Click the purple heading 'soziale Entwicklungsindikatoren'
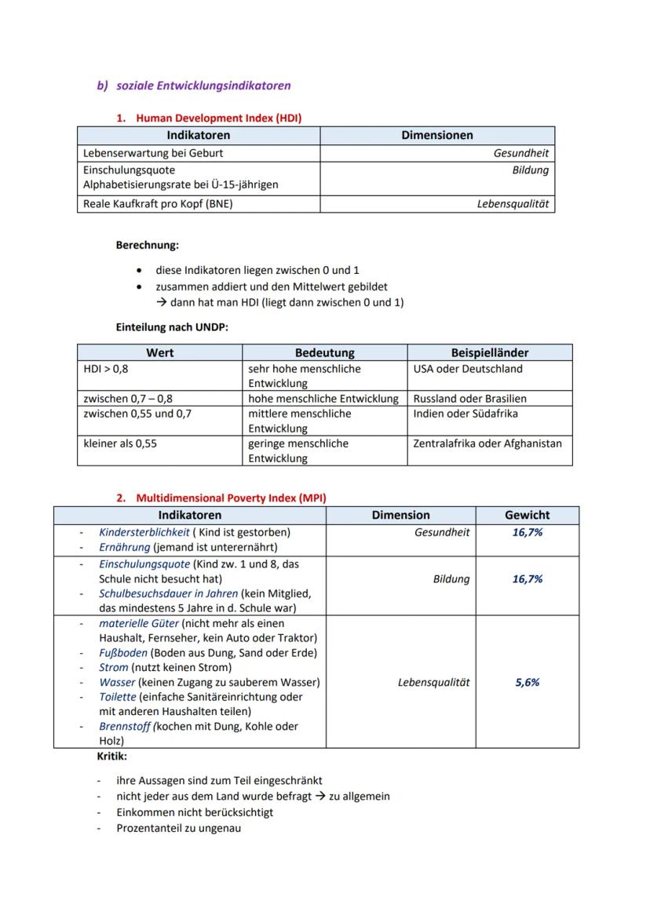pos(203,86)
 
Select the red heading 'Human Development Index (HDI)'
pos(218,118)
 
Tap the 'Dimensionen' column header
pos(437,136)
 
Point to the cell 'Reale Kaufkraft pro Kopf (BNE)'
pos(158,204)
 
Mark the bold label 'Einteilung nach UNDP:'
pos(172,327)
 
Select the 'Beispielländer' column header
pos(490,353)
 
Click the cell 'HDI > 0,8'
pos(106,369)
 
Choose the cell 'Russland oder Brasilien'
pos(469,399)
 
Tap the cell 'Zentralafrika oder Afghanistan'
pos(487,443)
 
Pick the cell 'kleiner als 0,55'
pos(120,443)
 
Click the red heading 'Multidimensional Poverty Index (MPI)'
pos(231,498)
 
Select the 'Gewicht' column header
pos(527,516)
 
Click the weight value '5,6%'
pos(527,683)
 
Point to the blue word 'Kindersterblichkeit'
pos(144,532)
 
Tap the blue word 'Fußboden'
pos(122,653)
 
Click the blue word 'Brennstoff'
pos(125,727)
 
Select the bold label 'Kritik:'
pos(111,757)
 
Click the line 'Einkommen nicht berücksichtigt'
pos(195,812)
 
